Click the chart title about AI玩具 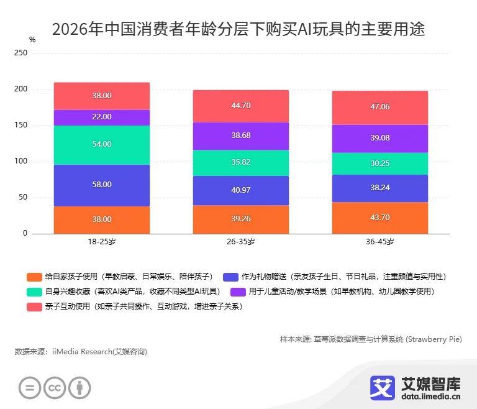point(238,29)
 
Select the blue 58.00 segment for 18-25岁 point(102,185)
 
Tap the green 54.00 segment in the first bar point(102,144)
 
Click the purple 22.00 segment point(102,117)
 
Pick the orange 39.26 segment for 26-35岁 point(240,219)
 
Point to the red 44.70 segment point(240,106)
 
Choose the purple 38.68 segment point(240,135)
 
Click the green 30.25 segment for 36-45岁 point(379,163)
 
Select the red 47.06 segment point(379,107)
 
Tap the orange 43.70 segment point(379,218)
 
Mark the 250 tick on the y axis point(21,53)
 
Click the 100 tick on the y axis point(21,162)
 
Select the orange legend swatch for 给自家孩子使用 point(34,277)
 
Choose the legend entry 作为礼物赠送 point(334,277)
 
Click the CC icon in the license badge point(55,388)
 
